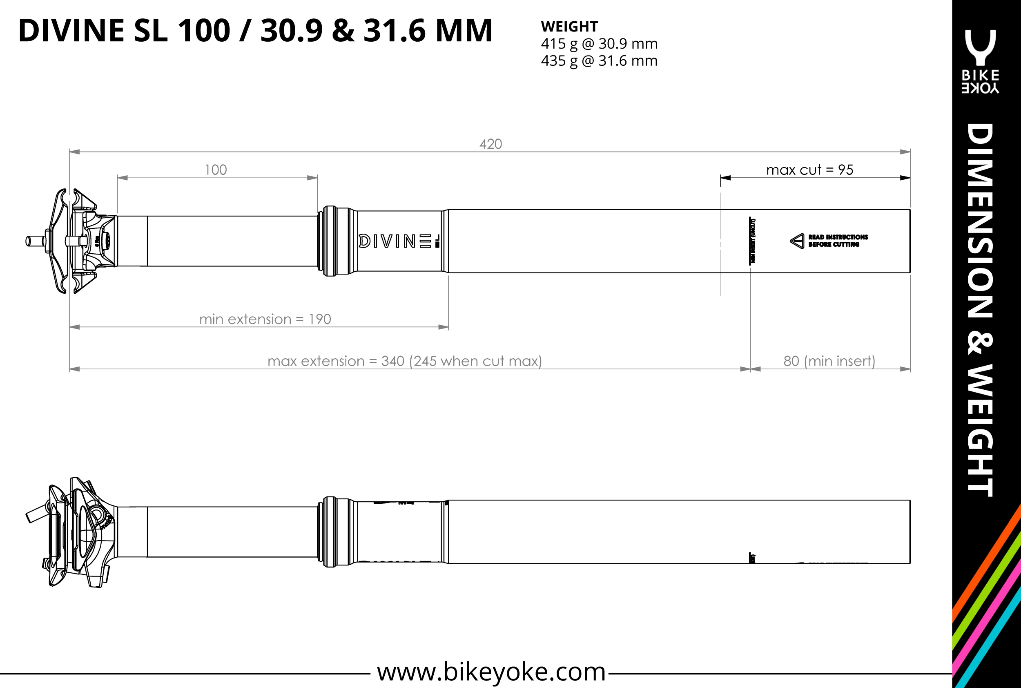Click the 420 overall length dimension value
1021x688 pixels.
tap(490, 144)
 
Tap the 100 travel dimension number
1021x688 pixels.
tap(216, 170)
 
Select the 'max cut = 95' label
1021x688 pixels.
tap(809, 170)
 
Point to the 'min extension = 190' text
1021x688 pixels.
tap(265, 319)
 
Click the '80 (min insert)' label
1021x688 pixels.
tap(829, 361)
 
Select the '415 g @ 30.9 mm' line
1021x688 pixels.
tap(599, 44)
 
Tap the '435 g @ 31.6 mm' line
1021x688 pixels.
tap(599, 60)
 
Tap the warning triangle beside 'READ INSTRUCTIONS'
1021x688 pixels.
tap(797, 241)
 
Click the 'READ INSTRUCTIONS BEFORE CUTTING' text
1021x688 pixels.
tap(838, 241)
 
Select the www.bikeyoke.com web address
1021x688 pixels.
tap(491, 671)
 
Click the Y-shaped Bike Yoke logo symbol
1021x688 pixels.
tap(980, 47)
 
